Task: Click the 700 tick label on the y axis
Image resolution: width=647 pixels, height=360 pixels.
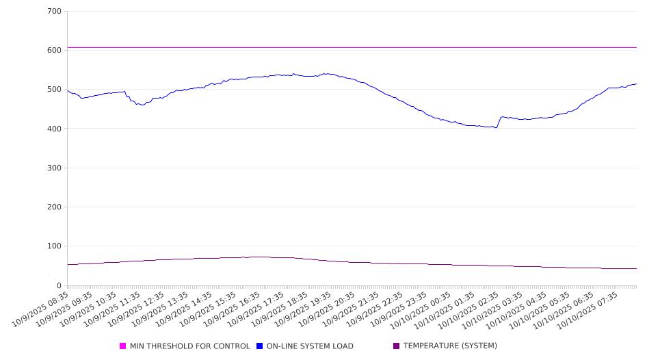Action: tap(55, 12)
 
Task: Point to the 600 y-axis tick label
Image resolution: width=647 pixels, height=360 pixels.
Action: tap(55, 51)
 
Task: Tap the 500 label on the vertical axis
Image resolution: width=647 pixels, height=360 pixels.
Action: tap(55, 90)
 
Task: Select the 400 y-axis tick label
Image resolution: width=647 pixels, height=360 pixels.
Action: tap(55, 129)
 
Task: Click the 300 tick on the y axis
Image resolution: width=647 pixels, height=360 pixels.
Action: tap(55, 168)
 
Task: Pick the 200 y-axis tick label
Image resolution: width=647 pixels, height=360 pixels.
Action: tap(55, 207)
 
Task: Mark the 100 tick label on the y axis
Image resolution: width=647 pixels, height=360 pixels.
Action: tap(55, 246)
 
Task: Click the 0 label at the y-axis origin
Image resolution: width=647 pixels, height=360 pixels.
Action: tap(59, 285)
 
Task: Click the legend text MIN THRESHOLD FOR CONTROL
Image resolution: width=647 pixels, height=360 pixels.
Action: tap(189, 346)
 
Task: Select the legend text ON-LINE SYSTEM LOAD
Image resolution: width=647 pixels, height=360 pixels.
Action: tap(309, 346)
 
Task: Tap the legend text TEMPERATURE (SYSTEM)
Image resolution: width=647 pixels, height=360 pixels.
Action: tap(450, 346)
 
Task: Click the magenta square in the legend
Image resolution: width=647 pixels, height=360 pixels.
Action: tap(123, 346)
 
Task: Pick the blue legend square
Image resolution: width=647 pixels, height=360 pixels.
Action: tap(260, 346)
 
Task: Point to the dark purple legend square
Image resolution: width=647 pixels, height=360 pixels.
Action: tap(396, 346)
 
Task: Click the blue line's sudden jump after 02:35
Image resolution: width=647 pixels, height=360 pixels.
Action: tap(499, 122)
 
